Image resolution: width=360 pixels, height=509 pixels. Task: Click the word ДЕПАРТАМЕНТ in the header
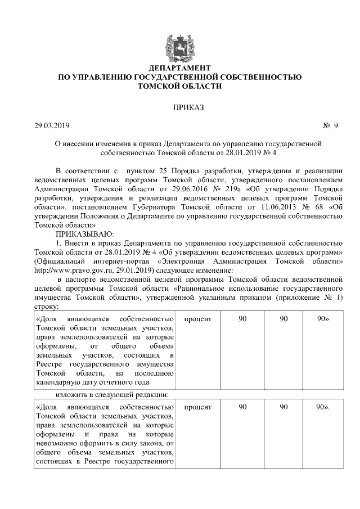pyautogui.click(x=179, y=67)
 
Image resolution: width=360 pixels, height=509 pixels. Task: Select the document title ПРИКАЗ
pyautogui.click(x=179, y=106)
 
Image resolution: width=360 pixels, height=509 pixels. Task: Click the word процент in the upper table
pyautogui.click(x=197, y=319)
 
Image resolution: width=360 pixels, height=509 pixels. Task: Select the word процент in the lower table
pyautogui.click(x=197, y=407)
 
